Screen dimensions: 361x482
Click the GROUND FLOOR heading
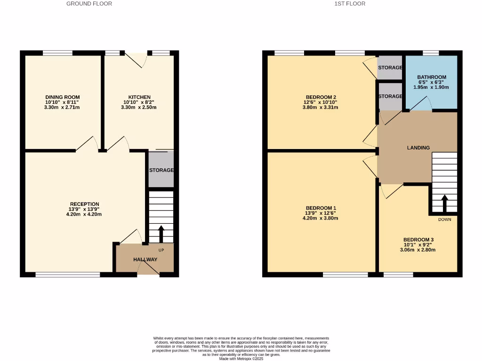pos(89,4)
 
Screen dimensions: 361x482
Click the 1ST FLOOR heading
pos(350,4)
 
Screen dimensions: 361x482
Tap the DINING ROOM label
pos(63,97)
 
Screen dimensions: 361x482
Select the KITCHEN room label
pos(140,97)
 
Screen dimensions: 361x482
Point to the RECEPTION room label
pos(86,204)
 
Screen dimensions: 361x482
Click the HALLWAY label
pos(145,259)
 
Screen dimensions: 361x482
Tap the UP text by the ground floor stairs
pos(161,250)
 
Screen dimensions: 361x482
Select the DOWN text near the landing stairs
pos(444,220)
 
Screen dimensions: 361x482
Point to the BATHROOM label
pos(432,78)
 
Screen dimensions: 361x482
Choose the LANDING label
pos(418,148)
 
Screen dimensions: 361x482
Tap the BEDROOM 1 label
pos(321,208)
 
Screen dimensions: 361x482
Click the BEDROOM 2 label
pos(321,97)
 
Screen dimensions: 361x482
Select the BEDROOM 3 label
pos(418,240)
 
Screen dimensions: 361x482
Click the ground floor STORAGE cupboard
pos(161,170)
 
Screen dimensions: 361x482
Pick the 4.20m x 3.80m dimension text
pos(321,218)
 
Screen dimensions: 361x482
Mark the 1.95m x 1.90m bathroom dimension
pos(432,87)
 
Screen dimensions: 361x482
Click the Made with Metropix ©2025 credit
pos(241,359)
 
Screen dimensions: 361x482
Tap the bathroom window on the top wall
pos(431,53)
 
